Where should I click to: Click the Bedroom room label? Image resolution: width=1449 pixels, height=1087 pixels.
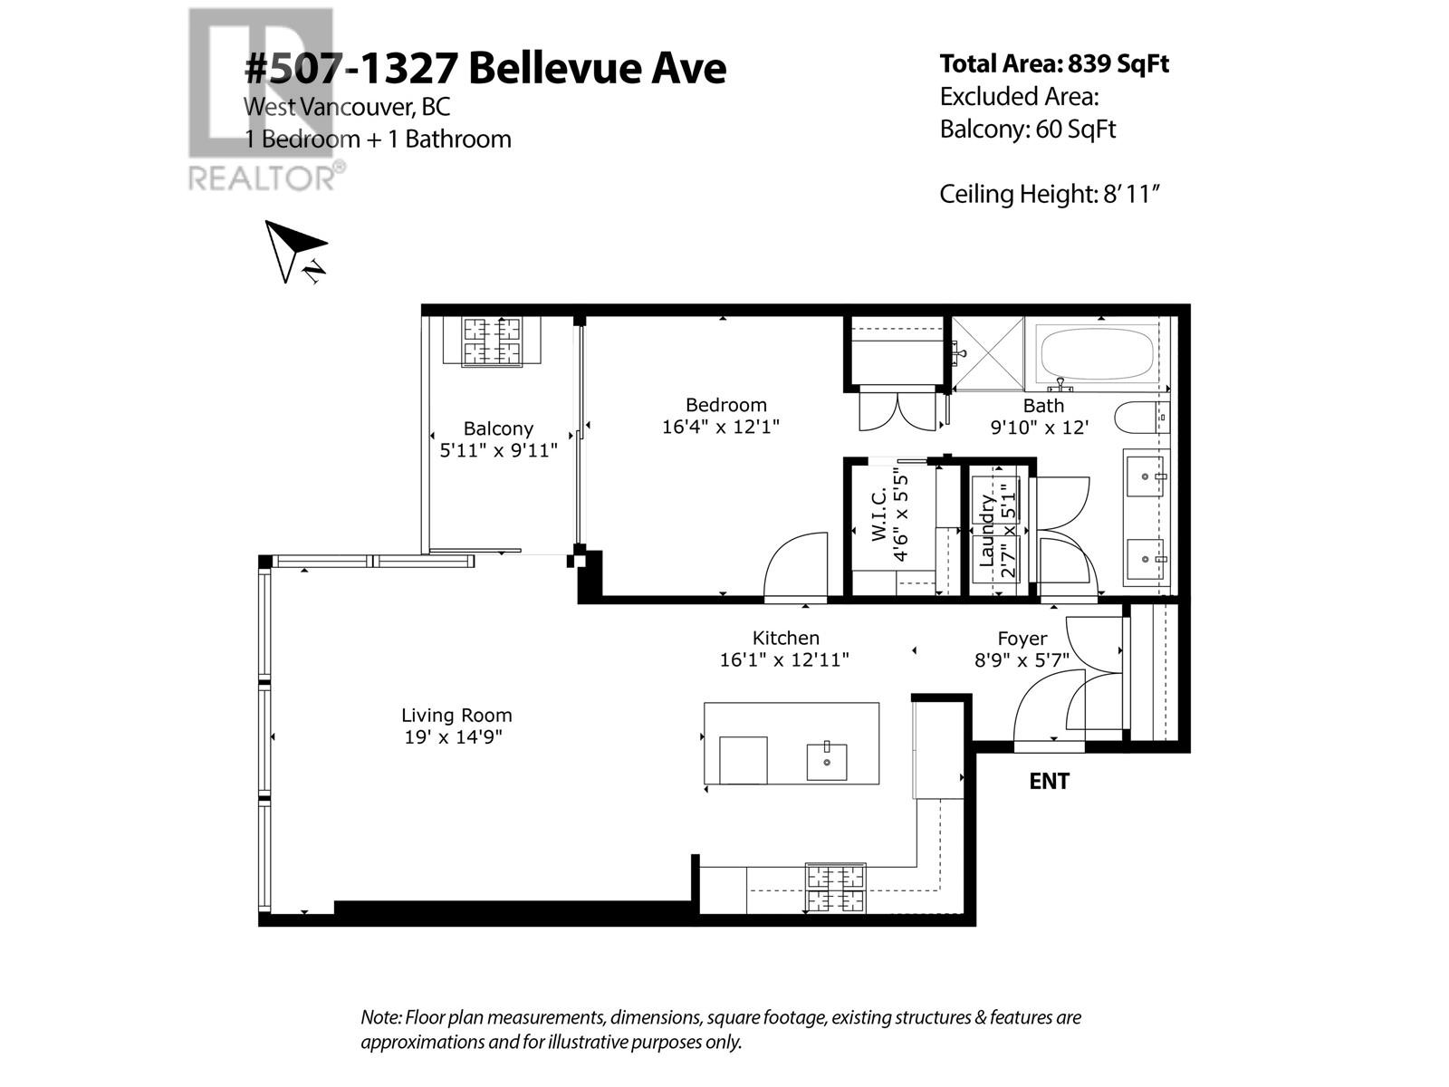tap(725, 405)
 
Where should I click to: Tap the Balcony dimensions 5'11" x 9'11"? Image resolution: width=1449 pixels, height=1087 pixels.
tap(498, 450)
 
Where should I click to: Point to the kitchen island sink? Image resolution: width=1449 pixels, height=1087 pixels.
tap(827, 762)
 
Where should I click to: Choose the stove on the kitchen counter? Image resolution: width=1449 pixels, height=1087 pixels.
tap(836, 889)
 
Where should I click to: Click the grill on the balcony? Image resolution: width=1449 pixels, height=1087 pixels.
tap(493, 341)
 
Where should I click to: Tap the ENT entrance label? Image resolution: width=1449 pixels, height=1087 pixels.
tap(1049, 781)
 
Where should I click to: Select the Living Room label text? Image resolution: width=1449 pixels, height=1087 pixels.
tap(456, 715)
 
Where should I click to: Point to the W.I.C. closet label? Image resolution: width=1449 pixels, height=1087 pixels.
tap(879, 517)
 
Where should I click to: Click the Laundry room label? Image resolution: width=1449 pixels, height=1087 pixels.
tap(988, 530)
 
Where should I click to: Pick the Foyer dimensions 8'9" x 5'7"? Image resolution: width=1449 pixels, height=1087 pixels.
tap(1022, 660)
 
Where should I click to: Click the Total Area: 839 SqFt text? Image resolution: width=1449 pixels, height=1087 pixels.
tap(1054, 64)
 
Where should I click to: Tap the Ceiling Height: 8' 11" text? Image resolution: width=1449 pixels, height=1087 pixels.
tap(1050, 194)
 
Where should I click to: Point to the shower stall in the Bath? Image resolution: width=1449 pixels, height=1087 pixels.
tap(986, 354)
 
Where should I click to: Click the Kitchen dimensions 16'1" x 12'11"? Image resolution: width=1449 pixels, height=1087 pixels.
tap(784, 659)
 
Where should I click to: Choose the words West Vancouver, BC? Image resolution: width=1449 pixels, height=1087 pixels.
tap(346, 107)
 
